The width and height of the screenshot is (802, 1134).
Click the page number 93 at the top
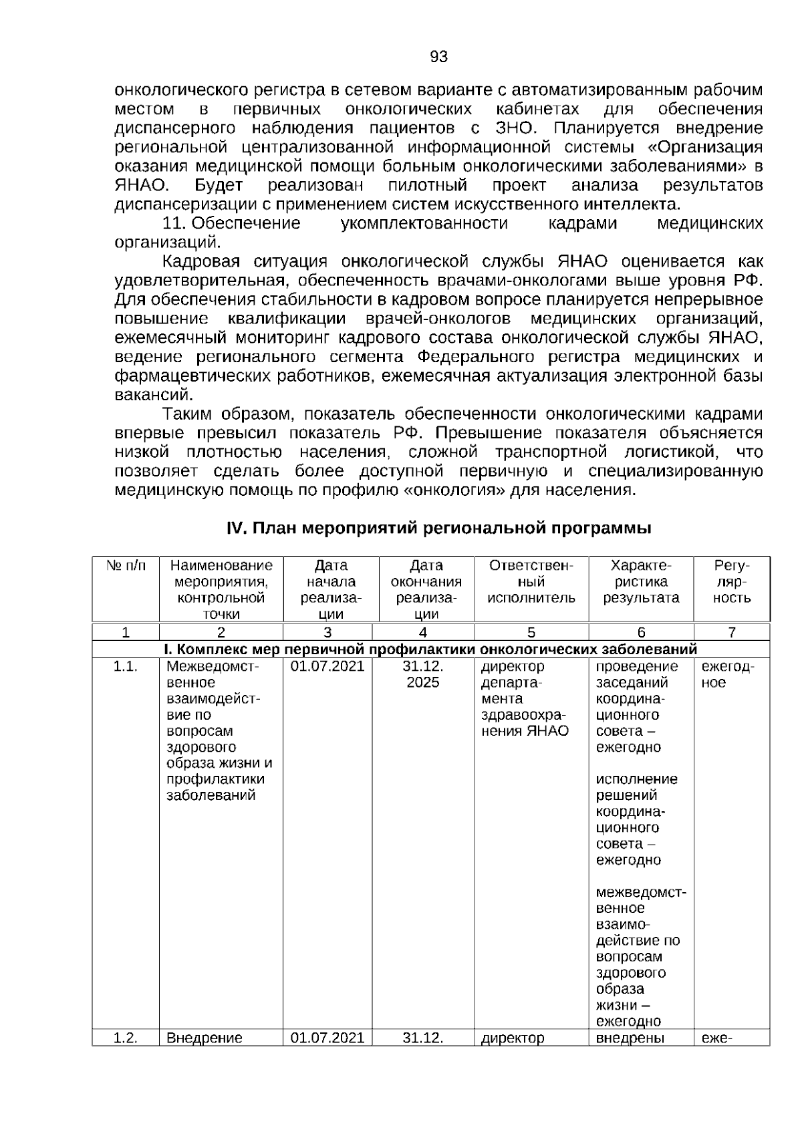[x=438, y=57]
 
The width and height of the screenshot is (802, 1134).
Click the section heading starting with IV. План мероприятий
[x=439, y=529]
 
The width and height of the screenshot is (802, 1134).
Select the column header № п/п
[x=126, y=565]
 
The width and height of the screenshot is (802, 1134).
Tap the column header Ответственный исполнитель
[x=531, y=581]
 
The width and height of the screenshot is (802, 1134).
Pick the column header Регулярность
[x=732, y=581]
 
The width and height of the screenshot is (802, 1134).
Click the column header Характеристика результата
[x=641, y=581]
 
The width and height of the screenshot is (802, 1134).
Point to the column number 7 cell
[x=732, y=632]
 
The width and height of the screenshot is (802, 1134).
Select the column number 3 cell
[x=327, y=632]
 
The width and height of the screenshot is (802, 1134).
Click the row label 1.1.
[x=126, y=666]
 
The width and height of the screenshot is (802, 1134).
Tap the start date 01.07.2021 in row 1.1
[x=327, y=666]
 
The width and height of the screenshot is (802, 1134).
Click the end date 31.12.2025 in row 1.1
[x=423, y=674]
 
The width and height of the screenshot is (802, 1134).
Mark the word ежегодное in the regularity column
[x=727, y=674]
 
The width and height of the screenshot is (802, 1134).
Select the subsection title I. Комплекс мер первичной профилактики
[x=431, y=649]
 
